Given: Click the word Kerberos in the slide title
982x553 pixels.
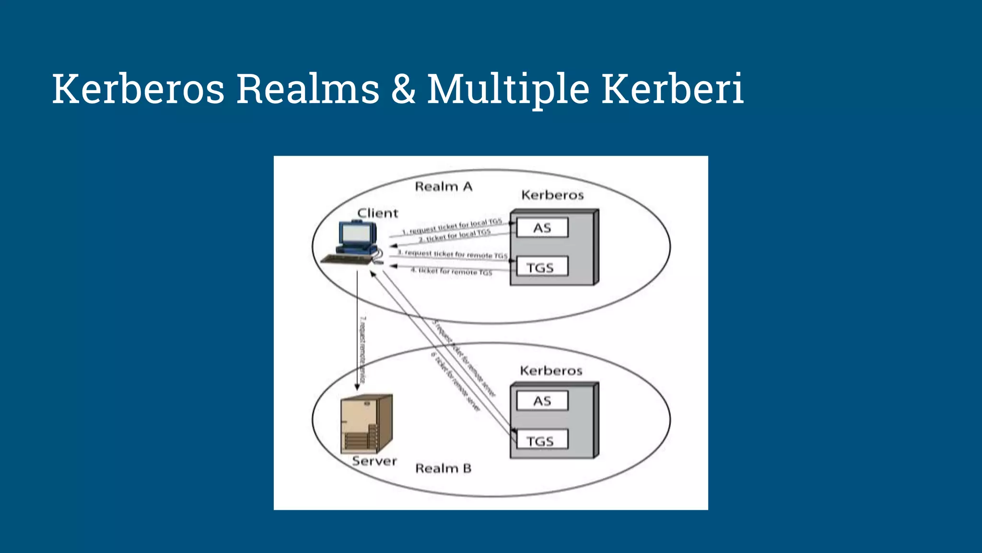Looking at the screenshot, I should pos(138,89).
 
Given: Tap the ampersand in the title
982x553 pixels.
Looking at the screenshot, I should pos(403,89).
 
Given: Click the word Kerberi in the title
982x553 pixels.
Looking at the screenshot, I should pos(672,89).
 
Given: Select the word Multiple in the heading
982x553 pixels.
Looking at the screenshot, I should pos(508,90).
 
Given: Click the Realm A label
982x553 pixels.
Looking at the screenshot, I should pos(444,187).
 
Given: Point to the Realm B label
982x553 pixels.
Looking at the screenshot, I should pos(443,468).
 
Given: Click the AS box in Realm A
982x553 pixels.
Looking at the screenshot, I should pos(542,228).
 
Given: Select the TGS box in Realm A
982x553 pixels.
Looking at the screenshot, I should pos(541,267).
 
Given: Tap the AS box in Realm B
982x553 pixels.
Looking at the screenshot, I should pos(542,401).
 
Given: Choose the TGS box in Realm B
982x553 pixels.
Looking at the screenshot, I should pos(541,441).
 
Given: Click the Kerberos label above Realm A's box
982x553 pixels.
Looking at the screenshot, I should pos(552,195).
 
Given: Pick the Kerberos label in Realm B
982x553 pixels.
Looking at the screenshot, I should pos(551,371).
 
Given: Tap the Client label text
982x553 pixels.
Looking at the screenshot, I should pos(378,213).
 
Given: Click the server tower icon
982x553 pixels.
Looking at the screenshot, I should pos(366,423).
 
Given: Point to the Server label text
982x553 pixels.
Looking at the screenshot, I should pos(374,461).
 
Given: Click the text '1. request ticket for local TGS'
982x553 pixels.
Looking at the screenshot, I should pos(452,227).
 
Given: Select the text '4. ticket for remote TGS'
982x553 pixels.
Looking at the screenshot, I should pos(451,272).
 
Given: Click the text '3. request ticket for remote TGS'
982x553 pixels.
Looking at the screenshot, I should pos(452,254).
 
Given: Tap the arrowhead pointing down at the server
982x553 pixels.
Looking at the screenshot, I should pos(357,387).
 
